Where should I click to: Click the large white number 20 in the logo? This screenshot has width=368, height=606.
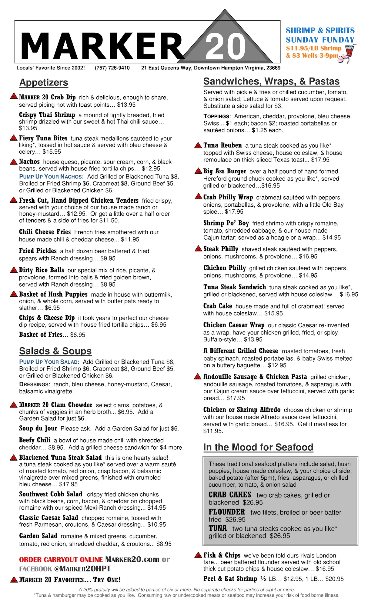click(225, 47)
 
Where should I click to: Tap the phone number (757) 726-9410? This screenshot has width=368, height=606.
click(112, 68)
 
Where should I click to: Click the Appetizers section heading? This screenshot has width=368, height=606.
click(44, 82)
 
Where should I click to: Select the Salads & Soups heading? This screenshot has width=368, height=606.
click(55, 351)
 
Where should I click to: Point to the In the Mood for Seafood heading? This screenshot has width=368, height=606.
click(258, 447)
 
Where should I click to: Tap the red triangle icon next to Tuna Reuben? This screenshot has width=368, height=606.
click(198, 145)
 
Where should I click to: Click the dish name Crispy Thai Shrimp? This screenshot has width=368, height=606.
click(47, 115)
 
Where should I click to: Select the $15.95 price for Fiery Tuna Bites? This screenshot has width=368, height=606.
click(52, 152)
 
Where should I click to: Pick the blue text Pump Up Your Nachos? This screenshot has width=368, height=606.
click(51, 177)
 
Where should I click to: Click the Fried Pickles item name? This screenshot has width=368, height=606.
click(38, 251)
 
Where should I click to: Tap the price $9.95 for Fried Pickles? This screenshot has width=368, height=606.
click(108, 258)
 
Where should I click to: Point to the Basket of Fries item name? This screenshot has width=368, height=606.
click(41, 335)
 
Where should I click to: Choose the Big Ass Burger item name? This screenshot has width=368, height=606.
click(225, 171)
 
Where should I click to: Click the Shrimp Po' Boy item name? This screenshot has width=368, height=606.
click(226, 223)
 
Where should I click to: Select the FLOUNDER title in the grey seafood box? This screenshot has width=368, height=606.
click(226, 512)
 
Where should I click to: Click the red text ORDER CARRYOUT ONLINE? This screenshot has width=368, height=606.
click(61, 560)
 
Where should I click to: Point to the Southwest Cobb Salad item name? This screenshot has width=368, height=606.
click(51, 494)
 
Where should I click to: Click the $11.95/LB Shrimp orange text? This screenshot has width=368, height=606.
click(313, 48)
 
